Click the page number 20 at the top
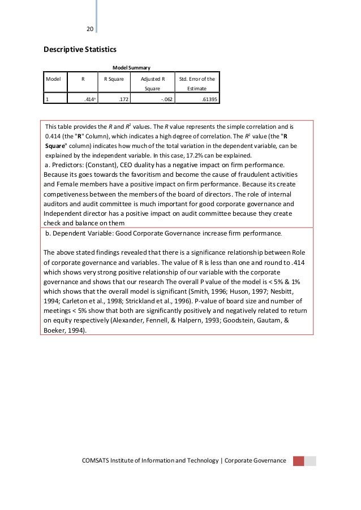tap(89, 29)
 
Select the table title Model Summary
tap(132, 68)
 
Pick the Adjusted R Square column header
tap(152, 84)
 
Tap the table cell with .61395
tap(209, 99)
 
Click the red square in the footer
tap(298, 461)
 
